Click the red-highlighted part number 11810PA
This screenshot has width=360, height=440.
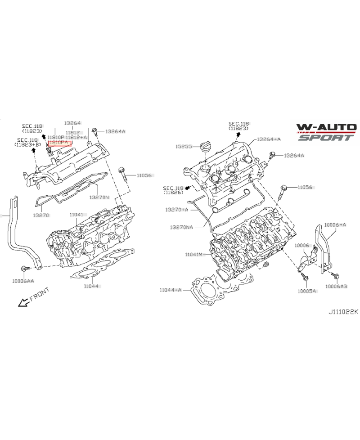click(x=59, y=142)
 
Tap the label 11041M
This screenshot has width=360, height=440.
click(x=194, y=255)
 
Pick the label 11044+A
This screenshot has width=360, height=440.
click(x=171, y=290)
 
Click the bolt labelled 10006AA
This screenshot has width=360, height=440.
click(x=23, y=269)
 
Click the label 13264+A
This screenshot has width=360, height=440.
click(x=269, y=139)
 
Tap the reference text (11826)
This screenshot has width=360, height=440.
click(x=173, y=193)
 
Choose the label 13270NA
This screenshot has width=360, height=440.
click(x=181, y=227)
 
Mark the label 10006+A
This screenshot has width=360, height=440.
click(x=335, y=224)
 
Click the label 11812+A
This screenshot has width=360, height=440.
click(x=76, y=137)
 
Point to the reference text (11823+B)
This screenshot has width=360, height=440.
click(x=28, y=145)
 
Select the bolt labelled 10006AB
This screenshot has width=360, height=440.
click(x=334, y=274)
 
